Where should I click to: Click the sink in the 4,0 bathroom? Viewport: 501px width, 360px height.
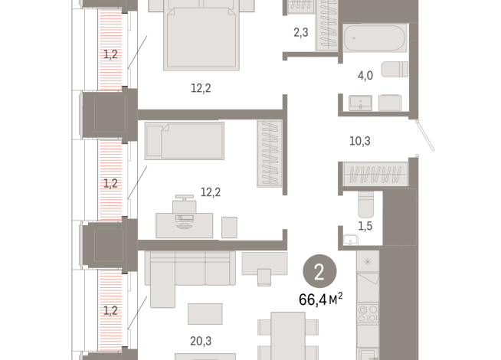tap(359, 103)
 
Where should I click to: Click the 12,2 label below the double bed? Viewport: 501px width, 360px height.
tap(201, 88)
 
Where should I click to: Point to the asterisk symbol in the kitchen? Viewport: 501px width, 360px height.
tap(368, 262)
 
